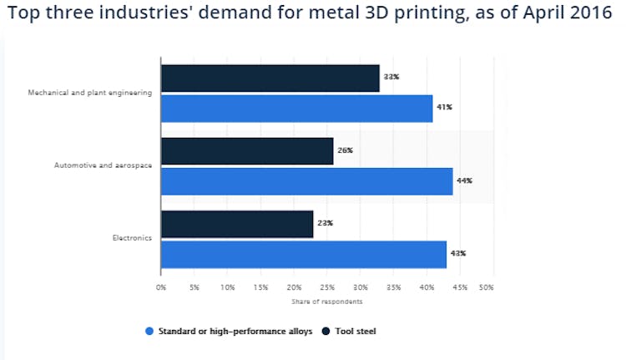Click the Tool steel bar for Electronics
tap(237, 224)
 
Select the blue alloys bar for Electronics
tap(303, 255)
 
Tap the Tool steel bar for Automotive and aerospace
tap(247, 151)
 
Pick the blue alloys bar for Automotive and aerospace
tap(306, 181)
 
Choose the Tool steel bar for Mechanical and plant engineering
tap(270, 78)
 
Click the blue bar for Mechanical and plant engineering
tap(296, 109)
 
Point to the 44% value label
tap(465, 180)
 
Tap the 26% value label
tap(345, 150)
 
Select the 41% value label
tap(445, 108)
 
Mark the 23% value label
tap(325, 223)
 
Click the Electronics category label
tap(132, 238)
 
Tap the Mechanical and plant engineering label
tap(90, 93)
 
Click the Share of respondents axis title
tap(327, 302)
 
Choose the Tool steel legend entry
tap(355, 332)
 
